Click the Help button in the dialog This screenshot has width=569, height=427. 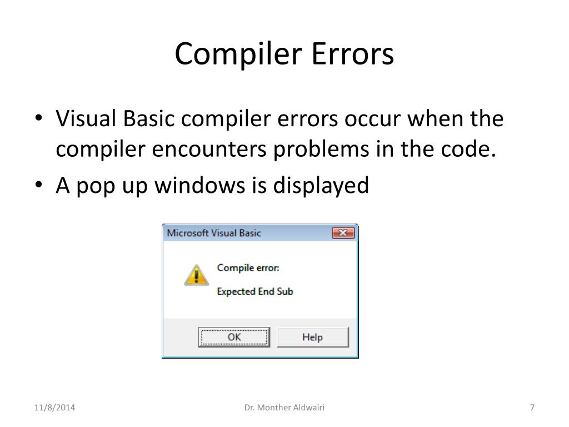[x=312, y=337]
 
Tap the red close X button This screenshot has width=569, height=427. [x=343, y=233]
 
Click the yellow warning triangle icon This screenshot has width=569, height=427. [x=196, y=275]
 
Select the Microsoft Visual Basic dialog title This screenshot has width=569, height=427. [x=214, y=233]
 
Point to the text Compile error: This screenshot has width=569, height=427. [x=248, y=268]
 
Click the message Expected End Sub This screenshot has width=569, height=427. [x=254, y=291]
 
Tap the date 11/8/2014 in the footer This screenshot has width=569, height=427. [x=53, y=408]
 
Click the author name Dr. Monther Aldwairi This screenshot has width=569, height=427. [x=284, y=408]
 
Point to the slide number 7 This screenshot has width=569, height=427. [x=532, y=408]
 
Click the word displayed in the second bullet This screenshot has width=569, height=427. [x=321, y=185]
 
